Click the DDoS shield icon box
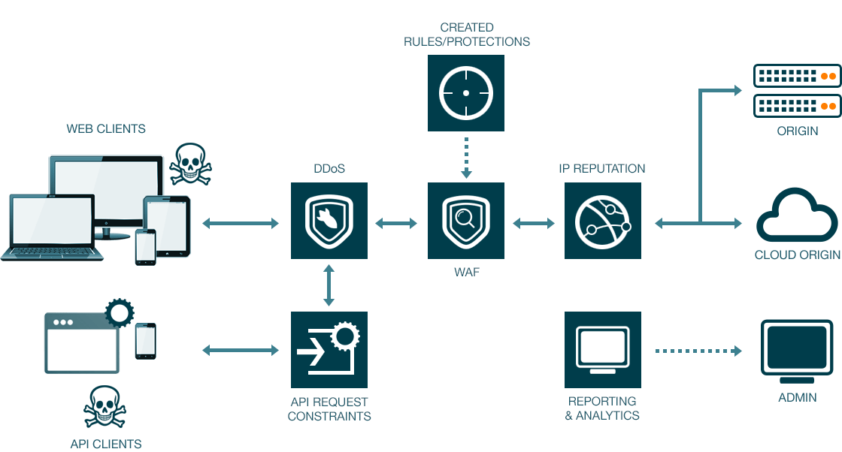(329, 221)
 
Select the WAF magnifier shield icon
(466, 221)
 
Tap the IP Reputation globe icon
(602, 221)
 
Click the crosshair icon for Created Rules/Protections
(466, 93)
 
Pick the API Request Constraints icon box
(329, 350)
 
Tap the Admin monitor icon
(797, 351)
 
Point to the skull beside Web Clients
(191, 164)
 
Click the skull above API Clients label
(104, 406)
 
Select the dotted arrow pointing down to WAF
(466, 158)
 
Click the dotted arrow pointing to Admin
(698, 351)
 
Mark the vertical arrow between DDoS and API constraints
(329, 285)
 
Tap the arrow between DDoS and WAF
(396, 223)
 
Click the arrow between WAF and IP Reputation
(534, 223)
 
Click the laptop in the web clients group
(52, 228)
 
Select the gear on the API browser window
(120, 312)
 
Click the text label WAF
(467, 272)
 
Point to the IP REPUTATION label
(602, 168)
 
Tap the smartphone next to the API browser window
(146, 341)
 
